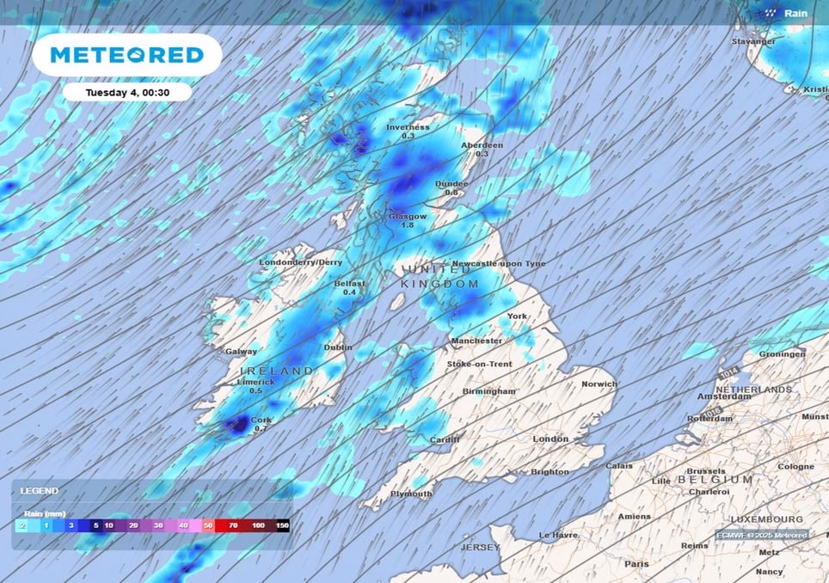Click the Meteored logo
pos(126,55)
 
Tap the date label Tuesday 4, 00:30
pos(126,92)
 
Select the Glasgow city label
pos(408,216)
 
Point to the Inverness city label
pos(407,127)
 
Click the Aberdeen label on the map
pos(482,145)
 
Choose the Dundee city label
pos(451,183)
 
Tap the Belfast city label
pos(350,283)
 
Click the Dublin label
pos(338,347)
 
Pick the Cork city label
pos(261,420)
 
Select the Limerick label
pos(256,381)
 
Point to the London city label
pos(550,439)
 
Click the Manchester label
pos(477,341)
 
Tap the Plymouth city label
pos(411,494)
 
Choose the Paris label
pos(636,563)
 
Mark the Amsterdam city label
pos(725,396)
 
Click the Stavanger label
pos(753,41)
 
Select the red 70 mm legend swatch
pos(233,525)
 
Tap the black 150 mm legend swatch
pos(282,525)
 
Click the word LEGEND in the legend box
pos(39,491)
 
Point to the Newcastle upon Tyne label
pos(499,263)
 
